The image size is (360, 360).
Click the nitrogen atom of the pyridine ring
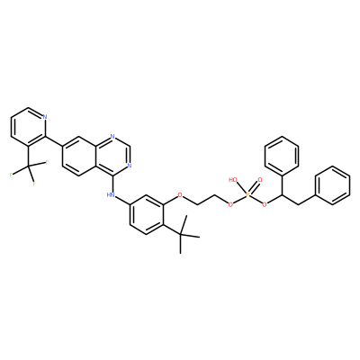[x=45, y=117]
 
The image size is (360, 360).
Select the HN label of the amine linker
[x=111, y=195]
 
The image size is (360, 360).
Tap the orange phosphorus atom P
[x=247, y=195]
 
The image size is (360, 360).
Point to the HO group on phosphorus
[x=233, y=180]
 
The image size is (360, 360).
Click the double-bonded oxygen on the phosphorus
[x=260, y=180]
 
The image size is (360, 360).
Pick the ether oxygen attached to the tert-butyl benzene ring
[x=180, y=195]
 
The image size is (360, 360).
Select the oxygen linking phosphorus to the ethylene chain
[x=230, y=205]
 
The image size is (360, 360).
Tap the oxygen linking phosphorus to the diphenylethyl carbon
[x=265, y=205]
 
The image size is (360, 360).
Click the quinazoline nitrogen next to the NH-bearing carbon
[x=130, y=166]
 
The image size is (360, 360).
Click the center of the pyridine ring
[x=29, y=126]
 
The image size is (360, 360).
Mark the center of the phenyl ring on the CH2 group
[x=333, y=185]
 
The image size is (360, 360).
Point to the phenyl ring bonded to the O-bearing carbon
[x=283, y=156]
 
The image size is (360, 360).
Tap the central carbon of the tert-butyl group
[x=181, y=234]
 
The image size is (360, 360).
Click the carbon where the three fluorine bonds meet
[x=28, y=166]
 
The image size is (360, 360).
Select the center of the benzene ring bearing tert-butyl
[x=147, y=215]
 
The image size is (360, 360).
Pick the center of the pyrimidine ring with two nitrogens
[x=112, y=157]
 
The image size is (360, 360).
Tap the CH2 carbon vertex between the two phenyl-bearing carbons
[x=299, y=205]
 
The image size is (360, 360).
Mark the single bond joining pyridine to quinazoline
[x=54, y=141]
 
